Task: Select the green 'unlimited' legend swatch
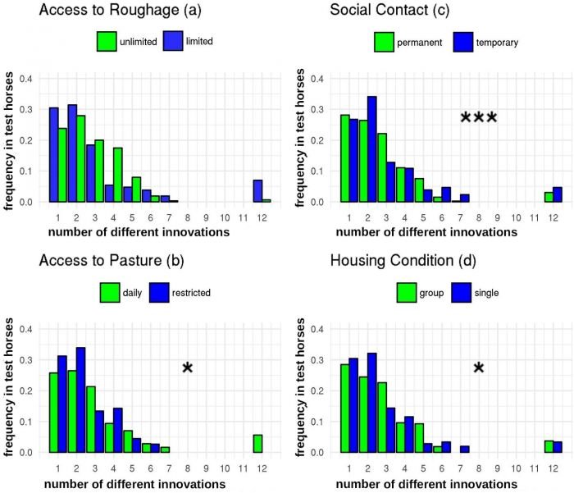(107, 41)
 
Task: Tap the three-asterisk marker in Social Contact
(479, 118)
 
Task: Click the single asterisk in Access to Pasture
(187, 368)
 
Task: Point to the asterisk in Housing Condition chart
(479, 368)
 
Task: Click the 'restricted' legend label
(196, 292)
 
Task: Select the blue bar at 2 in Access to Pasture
(80, 400)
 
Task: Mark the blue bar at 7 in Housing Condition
(464, 450)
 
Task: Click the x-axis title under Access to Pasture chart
(137, 484)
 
